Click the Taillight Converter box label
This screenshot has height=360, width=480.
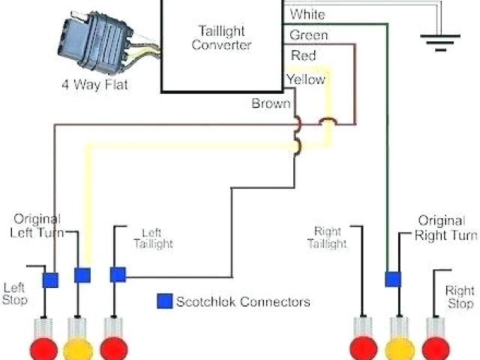222,37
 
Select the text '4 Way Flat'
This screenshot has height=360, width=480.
94,85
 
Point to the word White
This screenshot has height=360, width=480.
307,14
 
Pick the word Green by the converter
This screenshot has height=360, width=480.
308,35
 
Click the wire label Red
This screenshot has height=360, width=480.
303,56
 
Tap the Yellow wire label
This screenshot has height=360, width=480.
305,79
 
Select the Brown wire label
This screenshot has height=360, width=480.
271,103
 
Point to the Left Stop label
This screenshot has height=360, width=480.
15,293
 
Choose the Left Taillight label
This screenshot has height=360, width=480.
153,238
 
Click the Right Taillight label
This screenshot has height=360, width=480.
329,238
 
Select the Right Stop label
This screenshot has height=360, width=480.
459,297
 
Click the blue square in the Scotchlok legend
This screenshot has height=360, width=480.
163,301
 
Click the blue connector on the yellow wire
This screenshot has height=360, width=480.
82,275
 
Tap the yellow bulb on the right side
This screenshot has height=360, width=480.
400,349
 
